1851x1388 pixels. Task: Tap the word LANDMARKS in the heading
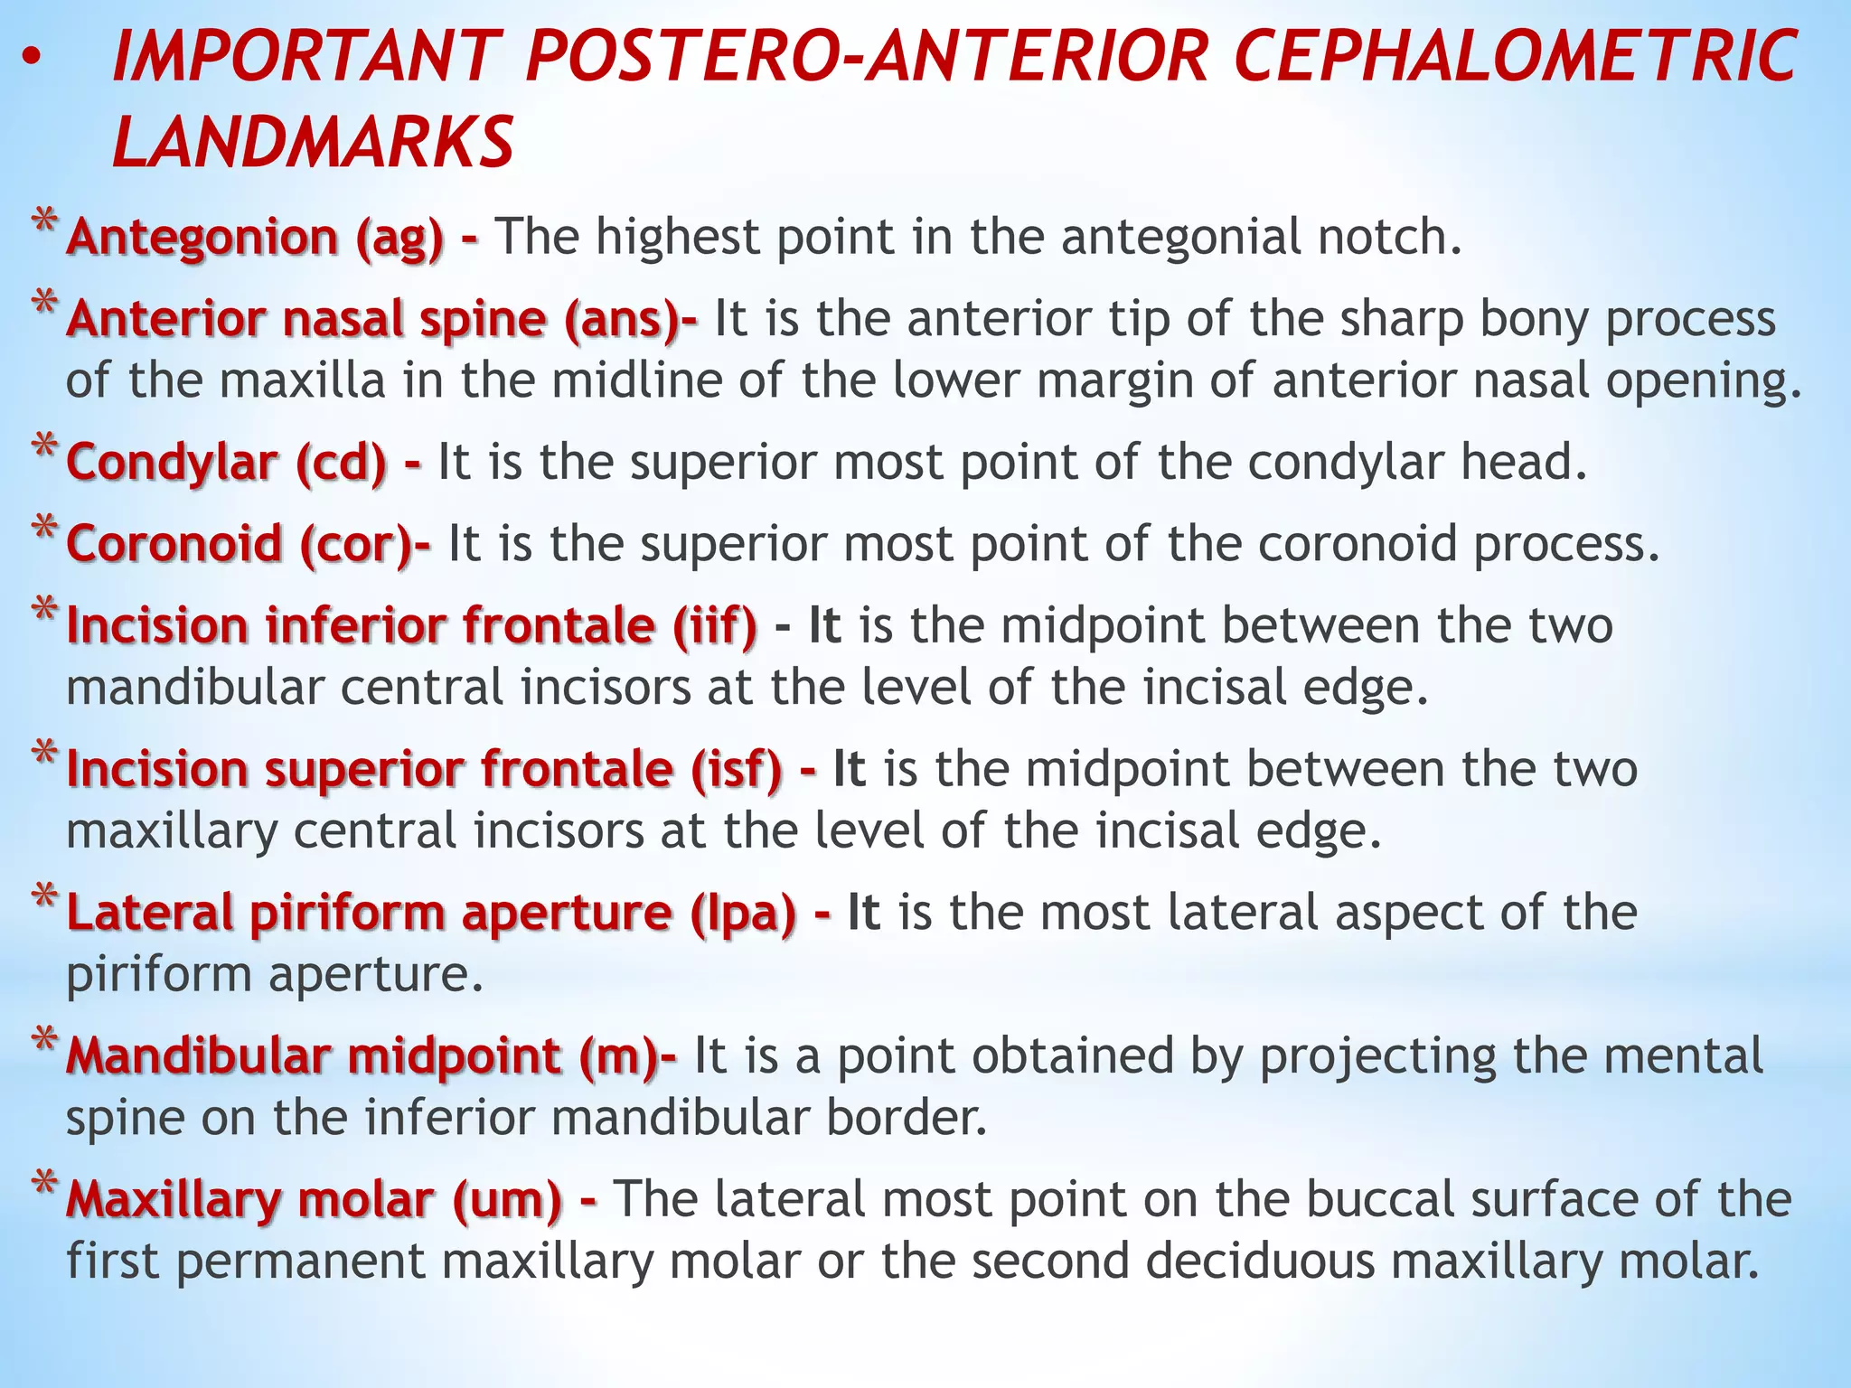coord(313,143)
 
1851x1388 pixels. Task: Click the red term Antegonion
coord(202,238)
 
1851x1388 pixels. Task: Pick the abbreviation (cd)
coord(341,463)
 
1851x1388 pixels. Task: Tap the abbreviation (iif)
coord(714,625)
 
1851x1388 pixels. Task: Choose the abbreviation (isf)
coord(737,769)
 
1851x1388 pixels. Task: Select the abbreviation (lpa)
coord(743,913)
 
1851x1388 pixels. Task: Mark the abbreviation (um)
coord(506,1200)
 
